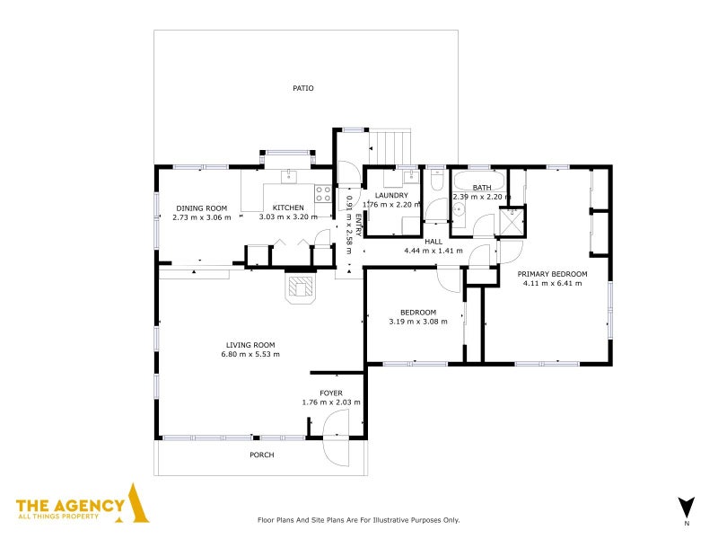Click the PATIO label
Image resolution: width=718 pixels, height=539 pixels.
pyautogui.click(x=303, y=88)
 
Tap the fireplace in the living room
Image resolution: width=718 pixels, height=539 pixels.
pyautogui.click(x=301, y=287)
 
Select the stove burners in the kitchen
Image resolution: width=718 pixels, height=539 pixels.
pyautogui.click(x=323, y=193)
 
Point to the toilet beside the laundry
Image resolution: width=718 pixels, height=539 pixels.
pyautogui.click(x=437, y=180)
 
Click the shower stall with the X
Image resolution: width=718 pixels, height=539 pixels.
pyautogui.click(x=512, y=222)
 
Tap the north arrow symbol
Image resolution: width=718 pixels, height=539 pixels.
pyautogui.click(x=687, y=508)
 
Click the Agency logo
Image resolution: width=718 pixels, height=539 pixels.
pyautogui.click(x=83, y=503)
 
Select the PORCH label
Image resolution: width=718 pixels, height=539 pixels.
pyautogui.click(x=262, y=455)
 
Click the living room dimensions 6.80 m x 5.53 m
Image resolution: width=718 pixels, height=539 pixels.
pyautogui.click(x=250, y=354)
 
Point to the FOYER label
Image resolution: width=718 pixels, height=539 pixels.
pyautogui.click(x=331, y=393)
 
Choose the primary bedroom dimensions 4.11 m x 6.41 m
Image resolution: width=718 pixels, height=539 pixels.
pyautogui.click(x=552, y=283)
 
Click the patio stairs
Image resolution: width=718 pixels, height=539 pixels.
pyautogui.click(x=390, y=147)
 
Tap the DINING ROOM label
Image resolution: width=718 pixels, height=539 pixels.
pyautogui.click(x=202, y=208)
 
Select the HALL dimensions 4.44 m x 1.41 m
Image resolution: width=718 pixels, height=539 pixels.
pyautogui.click(x=433, y=251)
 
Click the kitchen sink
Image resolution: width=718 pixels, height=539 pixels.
pyautogui.click(x=289, y=176)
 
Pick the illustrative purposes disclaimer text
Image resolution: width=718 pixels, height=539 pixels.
pyautogui.click(x=358, y=520)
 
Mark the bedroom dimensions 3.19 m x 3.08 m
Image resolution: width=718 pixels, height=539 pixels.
pyautogui.click(x=418, y=322)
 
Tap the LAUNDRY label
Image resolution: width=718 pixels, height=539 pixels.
pyautogui.click(x=391, y=195)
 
